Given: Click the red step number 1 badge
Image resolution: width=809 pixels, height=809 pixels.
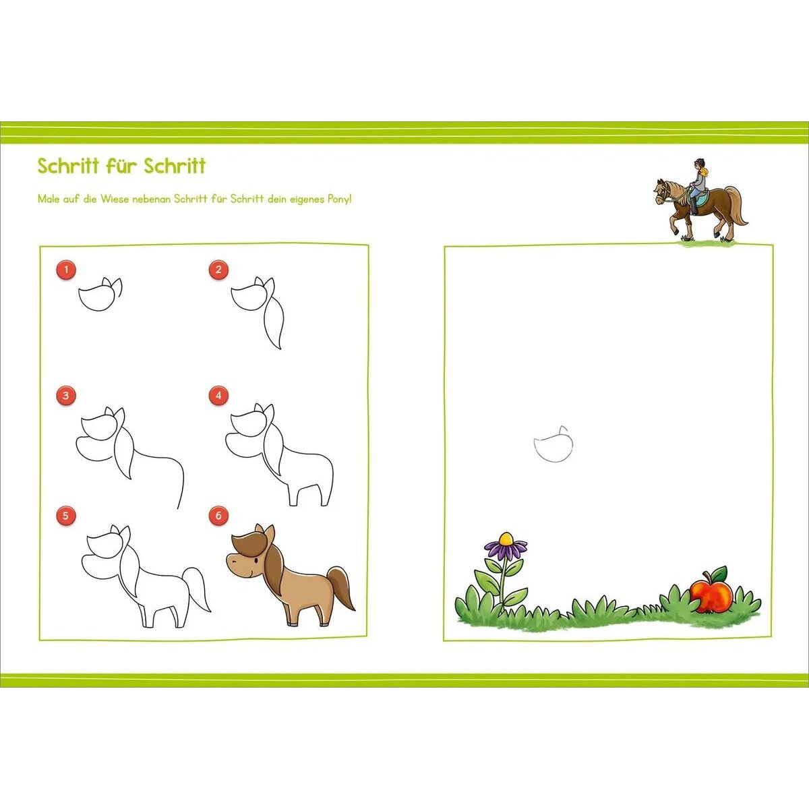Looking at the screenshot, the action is (65, 270).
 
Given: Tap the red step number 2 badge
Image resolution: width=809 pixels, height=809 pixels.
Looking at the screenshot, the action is (218, 270).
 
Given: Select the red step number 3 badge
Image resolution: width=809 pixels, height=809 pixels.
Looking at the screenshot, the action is (65, 395).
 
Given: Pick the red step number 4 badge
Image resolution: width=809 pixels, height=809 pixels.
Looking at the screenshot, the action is (218, 395).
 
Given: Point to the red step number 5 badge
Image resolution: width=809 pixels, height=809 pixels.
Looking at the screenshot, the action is (65, 515).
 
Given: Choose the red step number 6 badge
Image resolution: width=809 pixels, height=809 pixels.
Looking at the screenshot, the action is (218, 515).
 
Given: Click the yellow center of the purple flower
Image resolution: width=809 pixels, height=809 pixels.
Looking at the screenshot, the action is (506, 538).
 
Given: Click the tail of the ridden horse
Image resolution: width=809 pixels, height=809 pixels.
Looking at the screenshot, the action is (737, 208).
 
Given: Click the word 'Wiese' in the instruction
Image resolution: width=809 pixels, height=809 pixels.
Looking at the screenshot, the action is (115, 199).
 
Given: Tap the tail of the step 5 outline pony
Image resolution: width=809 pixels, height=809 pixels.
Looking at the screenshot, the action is (196, 589).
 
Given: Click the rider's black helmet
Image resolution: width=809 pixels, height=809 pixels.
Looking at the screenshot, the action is (698, 162).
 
